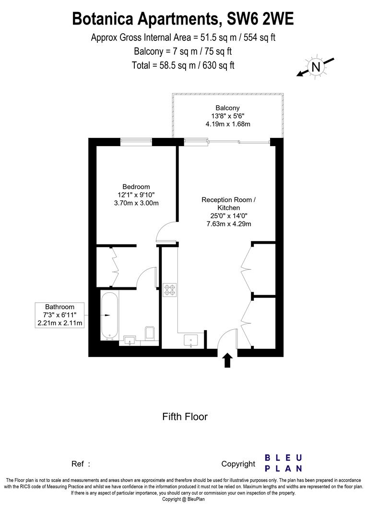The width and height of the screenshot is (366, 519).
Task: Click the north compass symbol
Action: tap(315, 67)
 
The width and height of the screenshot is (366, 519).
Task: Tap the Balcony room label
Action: tap(227, 108)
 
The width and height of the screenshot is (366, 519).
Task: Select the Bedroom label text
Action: tap(136, 186)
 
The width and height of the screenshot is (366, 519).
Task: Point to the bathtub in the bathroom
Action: tap(109, 315)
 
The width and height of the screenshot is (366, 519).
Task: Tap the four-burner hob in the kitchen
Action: tap(170, 290)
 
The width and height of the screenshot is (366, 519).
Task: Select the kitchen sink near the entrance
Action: tap(191, 341)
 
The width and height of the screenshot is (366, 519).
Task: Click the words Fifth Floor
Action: tap(185, 417)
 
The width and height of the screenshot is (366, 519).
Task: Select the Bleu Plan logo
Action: tap(283, 463)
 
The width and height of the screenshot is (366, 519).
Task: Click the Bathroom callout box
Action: tap(60, 315)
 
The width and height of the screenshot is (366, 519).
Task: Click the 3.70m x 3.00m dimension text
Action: tap(136, 203)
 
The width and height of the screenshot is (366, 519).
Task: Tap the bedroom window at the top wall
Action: tap(136, 141)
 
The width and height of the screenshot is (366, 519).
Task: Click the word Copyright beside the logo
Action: tap(238, 464)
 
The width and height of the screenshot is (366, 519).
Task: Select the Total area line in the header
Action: tap(183, 65)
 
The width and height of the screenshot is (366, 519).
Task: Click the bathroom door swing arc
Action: tap(146, 277)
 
